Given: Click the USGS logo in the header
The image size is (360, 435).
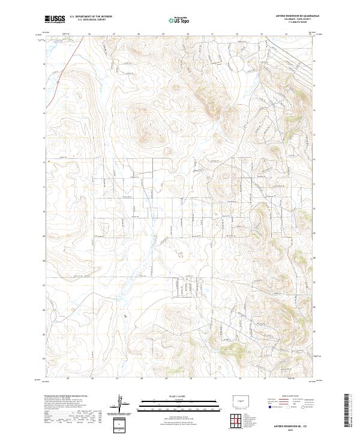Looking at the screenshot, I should tap(55, 19).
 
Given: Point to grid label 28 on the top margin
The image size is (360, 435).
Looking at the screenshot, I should tap(139, 34).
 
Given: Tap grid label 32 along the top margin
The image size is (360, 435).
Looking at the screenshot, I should tap(237, 34).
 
